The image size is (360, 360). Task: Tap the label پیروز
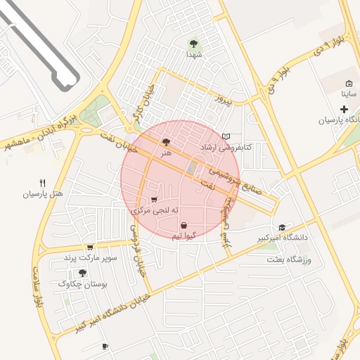click(x=224, y=99)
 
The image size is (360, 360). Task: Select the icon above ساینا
click(x=349, y=83)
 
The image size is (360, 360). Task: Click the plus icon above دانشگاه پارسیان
click(x=344, y=109)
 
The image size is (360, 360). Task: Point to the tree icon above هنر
click(x=166, y=141)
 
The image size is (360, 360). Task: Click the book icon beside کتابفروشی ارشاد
click(x=225, y=136)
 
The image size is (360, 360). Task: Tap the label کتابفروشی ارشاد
click(x=226, y=148)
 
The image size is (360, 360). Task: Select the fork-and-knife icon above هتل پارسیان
click(x=42, y=183)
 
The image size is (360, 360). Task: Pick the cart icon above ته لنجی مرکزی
click(x=155, y=200)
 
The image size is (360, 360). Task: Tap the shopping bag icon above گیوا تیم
click(x=184, y=226)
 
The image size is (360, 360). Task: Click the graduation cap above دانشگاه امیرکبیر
click(x=282, y=228)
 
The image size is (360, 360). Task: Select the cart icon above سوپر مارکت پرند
click(x=89, y=247)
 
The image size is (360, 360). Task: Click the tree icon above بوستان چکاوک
click(x=83, y=273)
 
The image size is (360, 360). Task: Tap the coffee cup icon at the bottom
click(x=105, y=346)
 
